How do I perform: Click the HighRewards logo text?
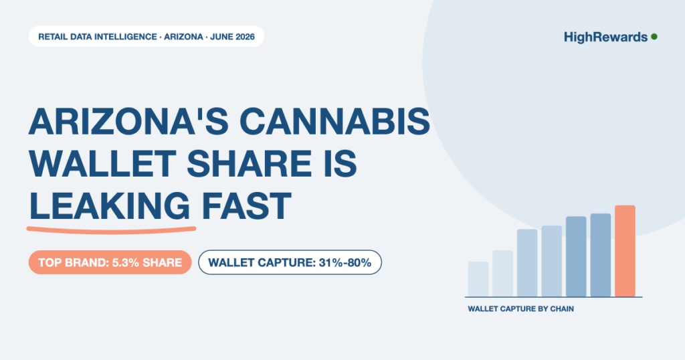pyautogui.click(x=605, y=37)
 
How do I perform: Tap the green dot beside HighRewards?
pyautogui.click(x=654, y=37)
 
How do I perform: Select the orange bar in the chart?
pyautogui.click(x=625, y=251)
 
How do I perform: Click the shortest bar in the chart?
pyautogui.click(x=478, y=279)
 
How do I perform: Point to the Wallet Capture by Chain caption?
pyautogui.click(x=520, y=309)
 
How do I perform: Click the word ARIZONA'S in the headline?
pyautogui.click(x=129, y=121)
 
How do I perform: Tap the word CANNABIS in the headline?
pyautogui.click(x=335, y=121)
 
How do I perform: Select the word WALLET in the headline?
pyautogui.click(x=102, y=163)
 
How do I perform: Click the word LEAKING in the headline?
pyautogui.click(x=110, y=205)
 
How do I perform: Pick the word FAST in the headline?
pyautogui.click(x=246, y=205)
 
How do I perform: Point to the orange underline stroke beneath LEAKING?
pyautogui.click(x=111, y=230)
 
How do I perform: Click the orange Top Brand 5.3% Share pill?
pyautogui.click(x=110, y=262)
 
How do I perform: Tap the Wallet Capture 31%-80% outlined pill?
pyautogui.click(x=290, y=262)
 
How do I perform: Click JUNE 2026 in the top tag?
pyautogui.click(x=232, y=37)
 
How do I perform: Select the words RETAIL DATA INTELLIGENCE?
pyautogui.click(x=98, y=37)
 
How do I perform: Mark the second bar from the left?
pyautogui.click(x=502, y=274)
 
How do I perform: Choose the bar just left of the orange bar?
pyautogui.click(x=600, y=255)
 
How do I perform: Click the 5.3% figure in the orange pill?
pyautogui.click(x=125, y=262)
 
